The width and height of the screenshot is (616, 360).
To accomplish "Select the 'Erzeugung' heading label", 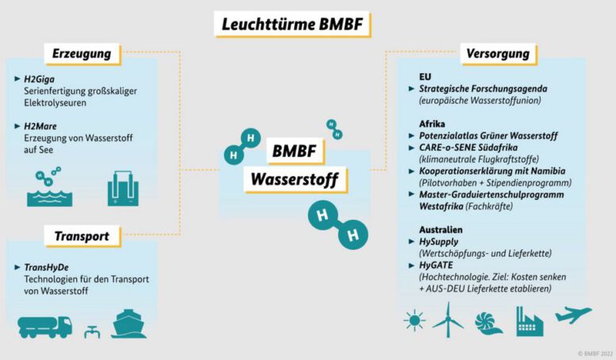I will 81,54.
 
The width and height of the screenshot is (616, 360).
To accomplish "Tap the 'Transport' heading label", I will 82,236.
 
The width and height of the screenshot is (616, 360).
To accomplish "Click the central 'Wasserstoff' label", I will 294,179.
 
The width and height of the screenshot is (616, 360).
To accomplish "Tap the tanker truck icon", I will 44,325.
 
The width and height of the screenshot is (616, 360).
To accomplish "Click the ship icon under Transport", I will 129,324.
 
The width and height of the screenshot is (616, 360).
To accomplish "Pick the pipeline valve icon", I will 91,328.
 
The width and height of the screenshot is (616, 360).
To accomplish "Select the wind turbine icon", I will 448,320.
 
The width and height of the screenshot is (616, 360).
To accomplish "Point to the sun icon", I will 414,321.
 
